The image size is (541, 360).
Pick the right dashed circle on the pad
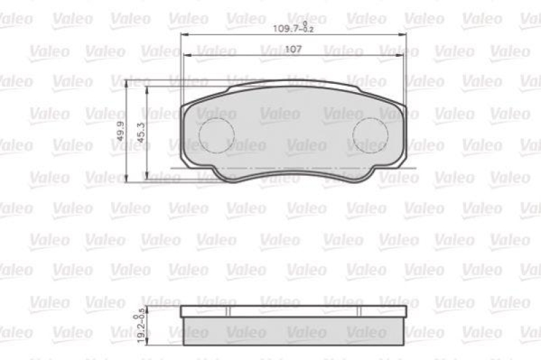point(369,134)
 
